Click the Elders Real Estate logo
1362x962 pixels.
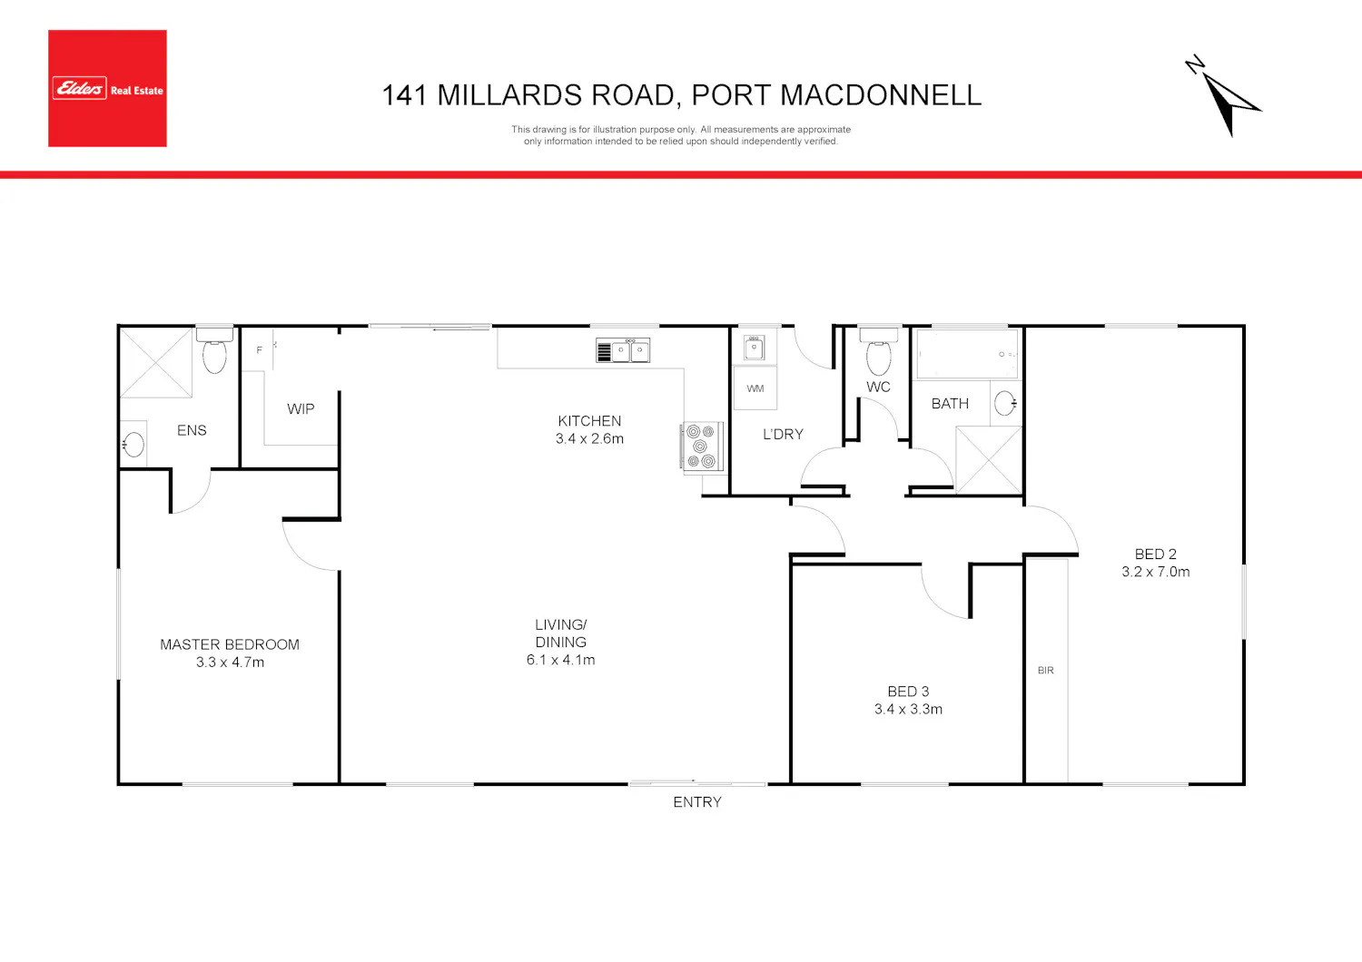[x=107, y=88]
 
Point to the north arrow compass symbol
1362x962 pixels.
[x=1223, y=97]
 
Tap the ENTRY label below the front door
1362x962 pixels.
[x=696, y=802]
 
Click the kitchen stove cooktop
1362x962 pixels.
[x=701, y=446]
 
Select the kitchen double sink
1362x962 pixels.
[x=623, y=350]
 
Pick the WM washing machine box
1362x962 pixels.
[x=755, y=388]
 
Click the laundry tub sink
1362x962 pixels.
[x=754, y=348]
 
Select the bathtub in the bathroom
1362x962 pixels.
[x=967, y=354]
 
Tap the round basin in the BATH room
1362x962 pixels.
[x=1005, y=403]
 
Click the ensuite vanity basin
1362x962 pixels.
[x=133, y=444]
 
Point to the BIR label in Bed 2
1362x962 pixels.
[x=1046, y=670]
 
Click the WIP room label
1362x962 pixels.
[x=301, y=408]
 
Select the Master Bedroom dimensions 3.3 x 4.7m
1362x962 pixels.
[x=230, y=662]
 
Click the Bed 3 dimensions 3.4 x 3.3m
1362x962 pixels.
[x=908, y=709]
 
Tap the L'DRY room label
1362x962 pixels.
[x=783, y=434]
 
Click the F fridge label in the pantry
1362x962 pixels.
[x=259, y=350]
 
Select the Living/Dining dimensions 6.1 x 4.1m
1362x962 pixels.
[x=560, y=660]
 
